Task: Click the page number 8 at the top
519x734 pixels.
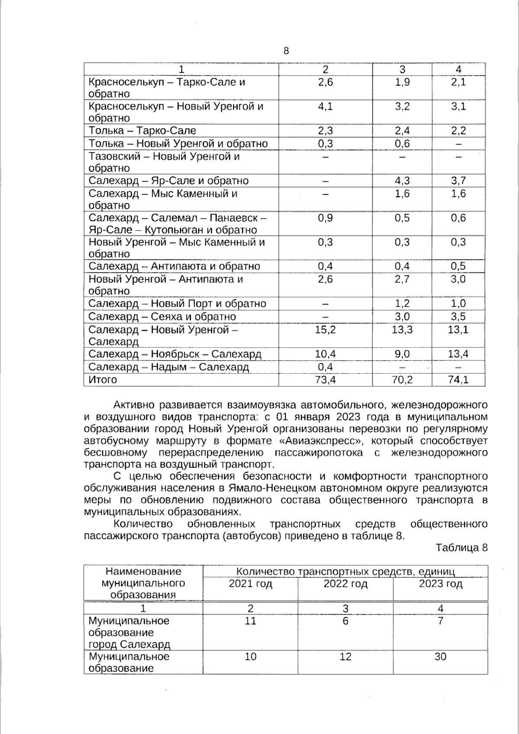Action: point(286,51)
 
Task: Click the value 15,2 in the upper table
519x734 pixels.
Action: point(325,330)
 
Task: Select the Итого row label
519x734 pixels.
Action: point(103,380)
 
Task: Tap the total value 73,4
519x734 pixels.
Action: point(325,380)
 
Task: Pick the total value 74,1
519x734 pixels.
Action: point(458,380)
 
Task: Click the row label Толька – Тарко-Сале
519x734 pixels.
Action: point(142,131)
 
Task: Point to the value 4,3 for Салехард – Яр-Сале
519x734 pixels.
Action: point(402,181)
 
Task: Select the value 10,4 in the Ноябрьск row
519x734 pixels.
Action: point(325,354)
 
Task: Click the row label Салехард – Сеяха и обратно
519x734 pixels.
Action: point(162,317)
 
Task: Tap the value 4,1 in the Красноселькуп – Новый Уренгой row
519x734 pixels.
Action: point(325,106)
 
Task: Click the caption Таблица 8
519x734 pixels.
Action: point(461,548)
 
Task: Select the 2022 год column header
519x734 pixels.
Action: point(345,584)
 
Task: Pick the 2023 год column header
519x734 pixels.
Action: point(440,584)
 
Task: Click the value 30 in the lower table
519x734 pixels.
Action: point(440,657)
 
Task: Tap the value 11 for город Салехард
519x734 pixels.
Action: point(250,621)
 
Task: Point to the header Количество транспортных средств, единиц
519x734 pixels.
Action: point(345,572)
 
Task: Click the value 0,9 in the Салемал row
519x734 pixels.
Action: point(325,218)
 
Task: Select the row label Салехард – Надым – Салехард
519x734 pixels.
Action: point(169,367)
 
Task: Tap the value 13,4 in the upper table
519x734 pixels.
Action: point(458,354)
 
